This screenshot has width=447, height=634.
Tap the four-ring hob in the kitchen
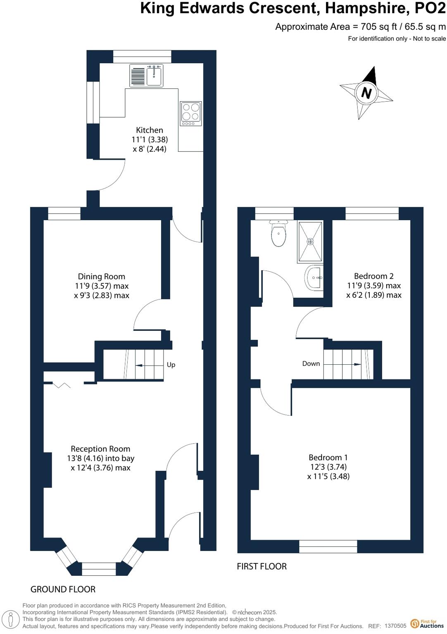click(191, 113)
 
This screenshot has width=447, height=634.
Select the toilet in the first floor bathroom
click(278, 234)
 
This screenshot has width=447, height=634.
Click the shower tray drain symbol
click(310, 241)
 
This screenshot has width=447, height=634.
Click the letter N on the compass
click(366, 93)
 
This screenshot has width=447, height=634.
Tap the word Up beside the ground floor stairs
click(171, 365)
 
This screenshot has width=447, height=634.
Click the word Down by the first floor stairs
click(311, 363)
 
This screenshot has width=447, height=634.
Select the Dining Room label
click(102, 276)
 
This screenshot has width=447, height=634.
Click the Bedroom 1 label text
click(328, 457)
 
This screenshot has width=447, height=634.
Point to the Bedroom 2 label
click(373, 276)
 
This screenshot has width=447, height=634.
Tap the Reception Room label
click(100, 449)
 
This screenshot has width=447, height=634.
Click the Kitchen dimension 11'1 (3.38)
click(150, 140)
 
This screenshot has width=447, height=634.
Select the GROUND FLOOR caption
click(63, 589)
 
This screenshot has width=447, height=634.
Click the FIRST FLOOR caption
click(262, 566)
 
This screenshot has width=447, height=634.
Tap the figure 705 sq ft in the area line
click(379, 27)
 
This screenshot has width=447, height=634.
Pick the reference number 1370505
click(395, 626)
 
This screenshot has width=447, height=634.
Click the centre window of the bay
click(99, 569)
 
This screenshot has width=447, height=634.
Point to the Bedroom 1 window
click(328, 546)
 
